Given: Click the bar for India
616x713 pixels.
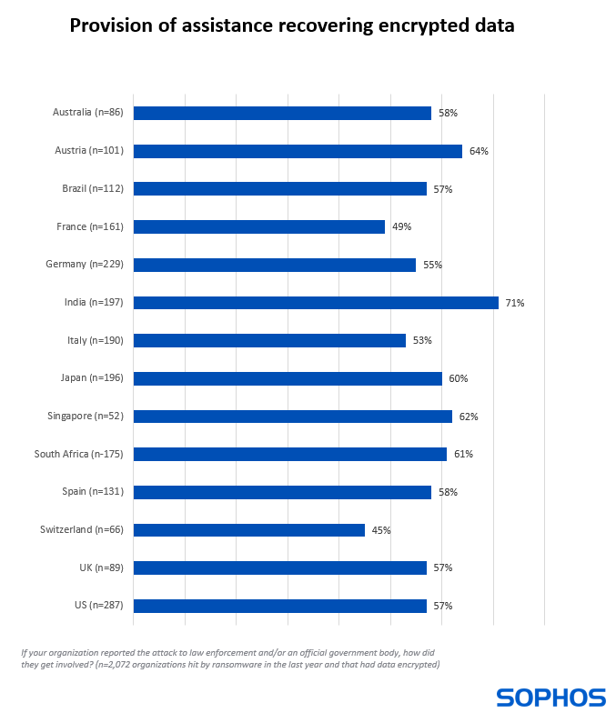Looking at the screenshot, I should pyautogui.click(x=316, y=303).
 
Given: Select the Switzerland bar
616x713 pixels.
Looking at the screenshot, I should pyautogui.click(x=249, y=530).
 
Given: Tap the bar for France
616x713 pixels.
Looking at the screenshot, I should pyautogui.click(x=259, y=226).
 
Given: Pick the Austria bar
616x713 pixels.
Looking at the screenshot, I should pyautogui.click(x=298, y=151).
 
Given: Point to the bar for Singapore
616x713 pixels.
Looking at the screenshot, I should pyautogui.click(x=293, y=417).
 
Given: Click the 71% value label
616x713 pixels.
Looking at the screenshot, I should pyautogui.click(x=515, y=303).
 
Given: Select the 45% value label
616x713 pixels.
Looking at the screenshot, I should pyautogui.click(x=381, y=530).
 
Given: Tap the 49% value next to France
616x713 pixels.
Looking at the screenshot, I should pyautogui.click(x=401, y=226).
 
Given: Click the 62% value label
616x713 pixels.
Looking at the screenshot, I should pyautogui.click(x=469, y=417).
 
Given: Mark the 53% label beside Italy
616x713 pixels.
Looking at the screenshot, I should pyautogui.click(x=422, y=340).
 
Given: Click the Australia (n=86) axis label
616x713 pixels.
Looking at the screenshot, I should pyautogui.click(x=87, y=113).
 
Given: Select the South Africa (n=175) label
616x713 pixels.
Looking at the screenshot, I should pyautogui.click(x=78, y=454).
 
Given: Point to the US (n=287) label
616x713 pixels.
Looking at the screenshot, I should pyautogui.click(x=101, y=606).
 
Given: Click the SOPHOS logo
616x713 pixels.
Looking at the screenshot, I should pyautogui.click(x=550, y=698).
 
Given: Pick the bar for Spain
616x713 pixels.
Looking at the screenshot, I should pyautogui.click(x=282, y=492).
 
